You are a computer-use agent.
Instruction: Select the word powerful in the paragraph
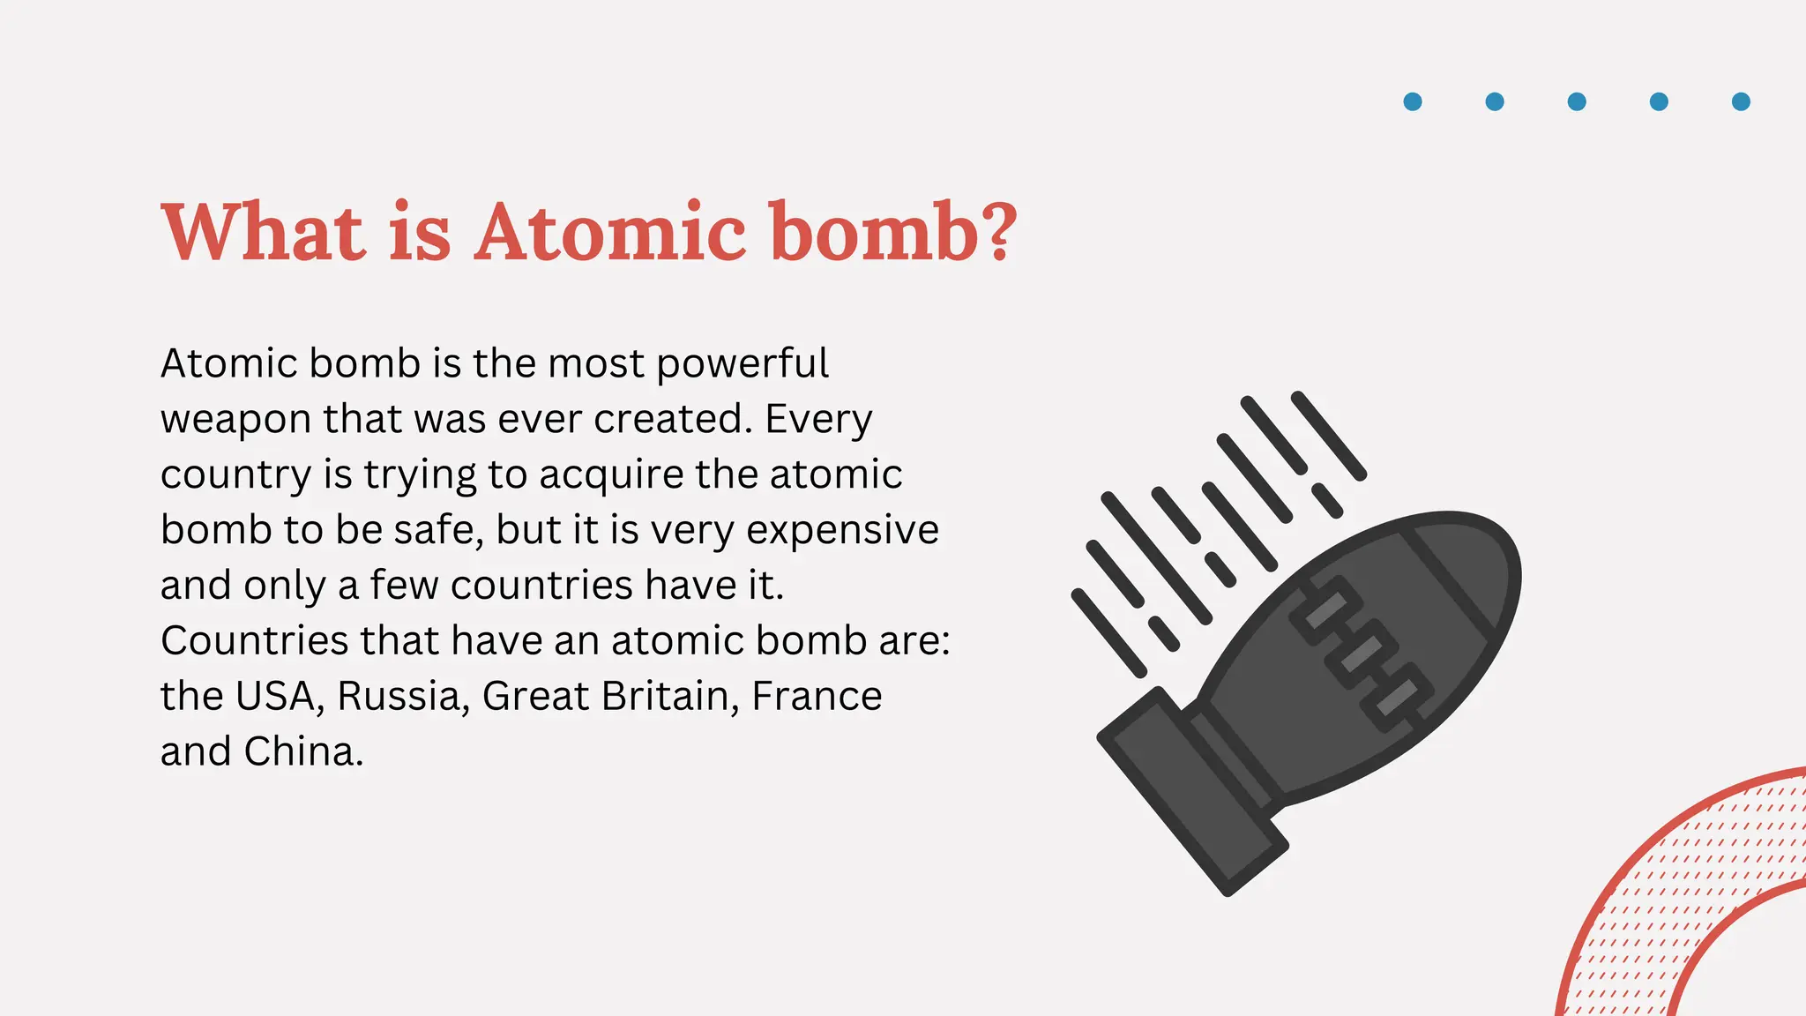point(743,364)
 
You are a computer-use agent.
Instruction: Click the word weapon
point(235,420)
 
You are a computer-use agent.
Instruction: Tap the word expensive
point(842,531)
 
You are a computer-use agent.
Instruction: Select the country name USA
point(273,697)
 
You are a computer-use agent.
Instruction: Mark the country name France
point(817,697)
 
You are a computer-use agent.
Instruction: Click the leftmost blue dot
point(1413,101)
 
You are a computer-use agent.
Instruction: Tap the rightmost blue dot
point(1741,101)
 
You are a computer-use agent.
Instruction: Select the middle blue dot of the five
point(1577,101)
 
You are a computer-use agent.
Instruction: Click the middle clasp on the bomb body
point(1362,654)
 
